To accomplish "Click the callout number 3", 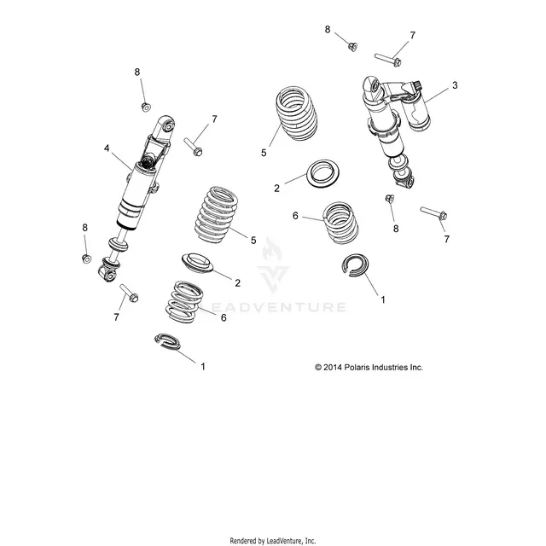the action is point(455,85).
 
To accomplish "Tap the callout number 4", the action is point(107,148).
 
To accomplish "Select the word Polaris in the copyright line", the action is point(357,368).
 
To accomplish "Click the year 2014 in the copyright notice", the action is point(333,368).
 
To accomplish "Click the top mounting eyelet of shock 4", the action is point(166,125).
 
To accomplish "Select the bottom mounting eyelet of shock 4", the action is point(107,274).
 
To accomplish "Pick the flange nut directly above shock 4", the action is point(146,107).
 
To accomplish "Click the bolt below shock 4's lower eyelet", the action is point(129,293).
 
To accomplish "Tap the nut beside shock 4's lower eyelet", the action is point(87,258).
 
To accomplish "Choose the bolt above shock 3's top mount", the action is point(388,60).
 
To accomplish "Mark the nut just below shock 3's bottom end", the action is point(390,199).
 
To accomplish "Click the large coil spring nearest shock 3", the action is point(297,113).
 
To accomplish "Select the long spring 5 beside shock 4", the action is point(216,214).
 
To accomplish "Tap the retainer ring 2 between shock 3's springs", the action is point(322,174).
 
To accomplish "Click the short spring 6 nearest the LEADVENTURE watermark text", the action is point(184,301).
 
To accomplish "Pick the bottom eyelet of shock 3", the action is point(405,180).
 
